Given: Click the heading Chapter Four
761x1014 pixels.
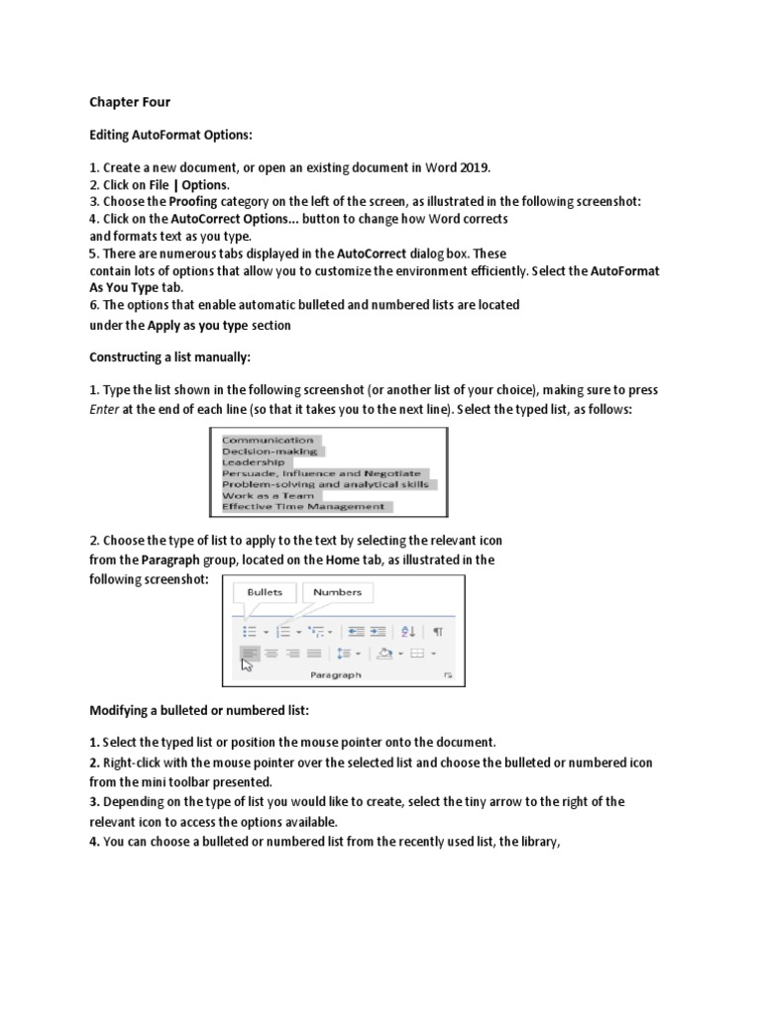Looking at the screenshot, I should (130, 101).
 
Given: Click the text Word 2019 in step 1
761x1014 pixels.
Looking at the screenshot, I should (456, 166).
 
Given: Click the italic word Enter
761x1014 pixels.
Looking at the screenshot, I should (104, 408).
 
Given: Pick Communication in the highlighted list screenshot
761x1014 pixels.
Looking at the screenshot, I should (268, 440).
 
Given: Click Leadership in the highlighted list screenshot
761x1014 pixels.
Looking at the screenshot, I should (254, 461).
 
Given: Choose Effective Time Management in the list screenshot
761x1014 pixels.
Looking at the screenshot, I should (303, 506).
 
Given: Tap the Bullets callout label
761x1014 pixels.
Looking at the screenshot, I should (265, 592).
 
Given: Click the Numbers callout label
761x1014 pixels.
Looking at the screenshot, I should (337, 592).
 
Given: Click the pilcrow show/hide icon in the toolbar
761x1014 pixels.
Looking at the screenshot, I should (438, 631).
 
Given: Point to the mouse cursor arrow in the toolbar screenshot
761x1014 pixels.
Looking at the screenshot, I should (248, 664).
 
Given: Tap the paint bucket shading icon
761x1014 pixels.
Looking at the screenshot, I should (384, 654).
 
